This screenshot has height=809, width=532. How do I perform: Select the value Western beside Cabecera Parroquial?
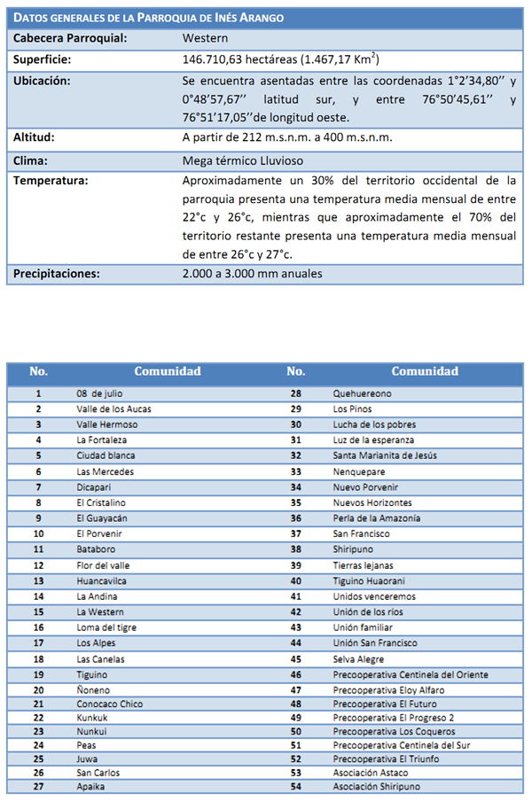click(205, 39)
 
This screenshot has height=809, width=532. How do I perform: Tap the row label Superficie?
click(43, 59)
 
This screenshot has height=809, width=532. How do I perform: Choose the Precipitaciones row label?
click(57, 274)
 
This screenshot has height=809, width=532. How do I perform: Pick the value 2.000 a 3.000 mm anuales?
click(252, 274)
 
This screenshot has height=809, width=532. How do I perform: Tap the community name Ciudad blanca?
click(106, 455)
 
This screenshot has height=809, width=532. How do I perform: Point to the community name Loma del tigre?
click(106, 627)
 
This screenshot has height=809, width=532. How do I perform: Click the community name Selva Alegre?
click(359, 658)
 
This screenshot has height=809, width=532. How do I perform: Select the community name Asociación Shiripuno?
click(377, 786)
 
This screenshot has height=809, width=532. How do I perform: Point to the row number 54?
click(295, 786)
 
